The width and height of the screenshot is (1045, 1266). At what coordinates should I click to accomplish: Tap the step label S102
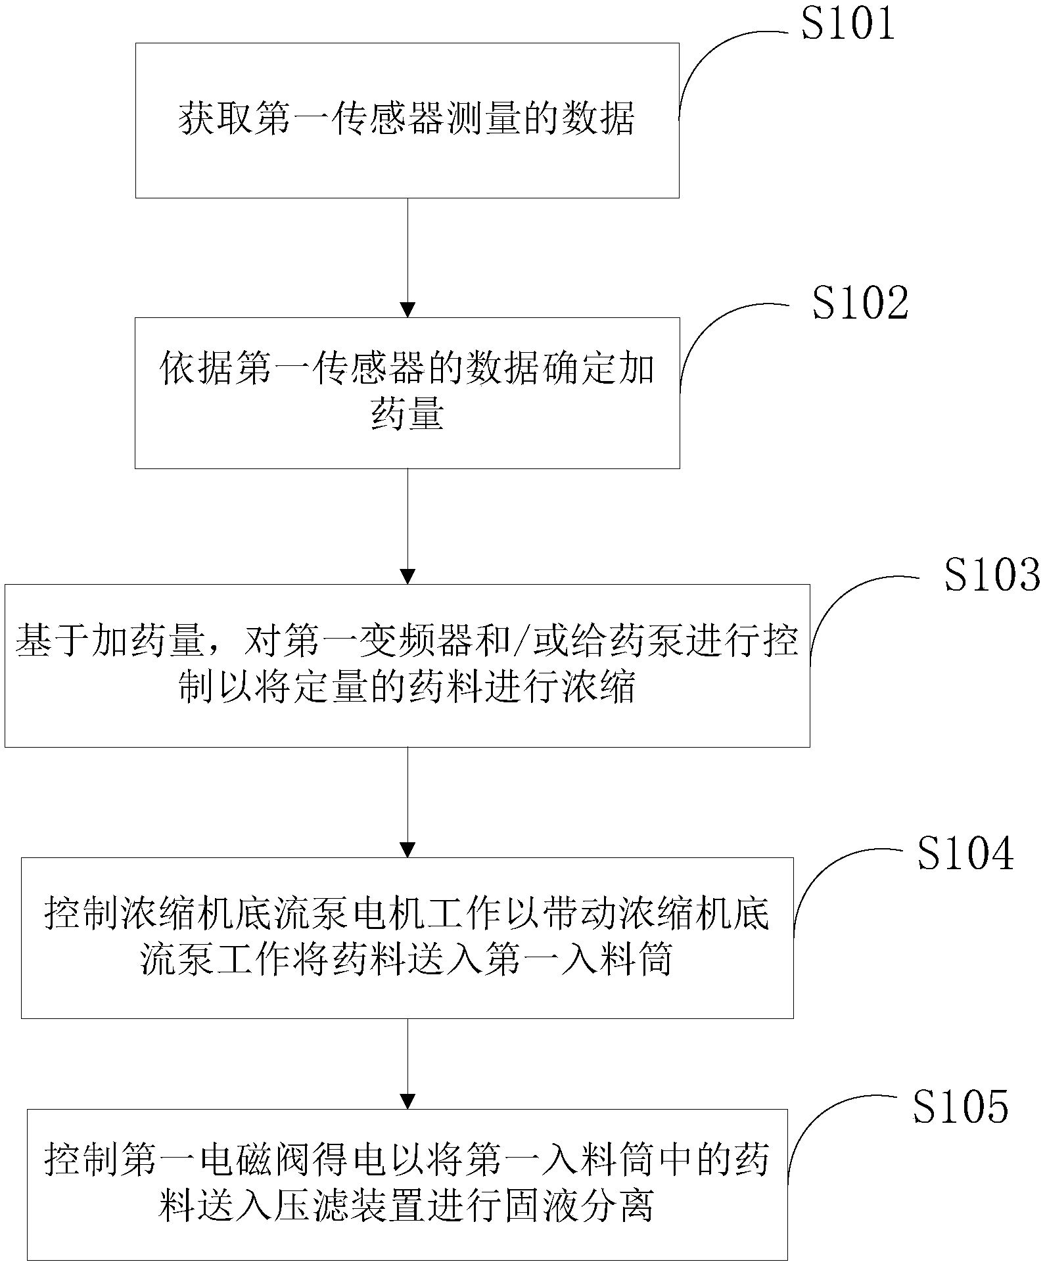860,303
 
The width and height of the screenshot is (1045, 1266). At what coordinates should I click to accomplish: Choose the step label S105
960,1106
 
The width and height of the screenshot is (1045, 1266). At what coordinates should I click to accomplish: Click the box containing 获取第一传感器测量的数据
407,121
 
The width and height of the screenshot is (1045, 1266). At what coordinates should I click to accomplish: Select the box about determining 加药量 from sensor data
407,393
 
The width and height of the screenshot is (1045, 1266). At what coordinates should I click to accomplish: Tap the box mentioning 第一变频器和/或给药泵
407,666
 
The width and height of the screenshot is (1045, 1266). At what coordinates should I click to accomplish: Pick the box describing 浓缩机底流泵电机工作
407,938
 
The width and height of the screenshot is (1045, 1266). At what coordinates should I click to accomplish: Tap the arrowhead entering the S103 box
407,576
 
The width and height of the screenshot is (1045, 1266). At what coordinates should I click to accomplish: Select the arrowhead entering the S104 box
407,849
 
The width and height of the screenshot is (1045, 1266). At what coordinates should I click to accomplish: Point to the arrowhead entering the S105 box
407,1102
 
